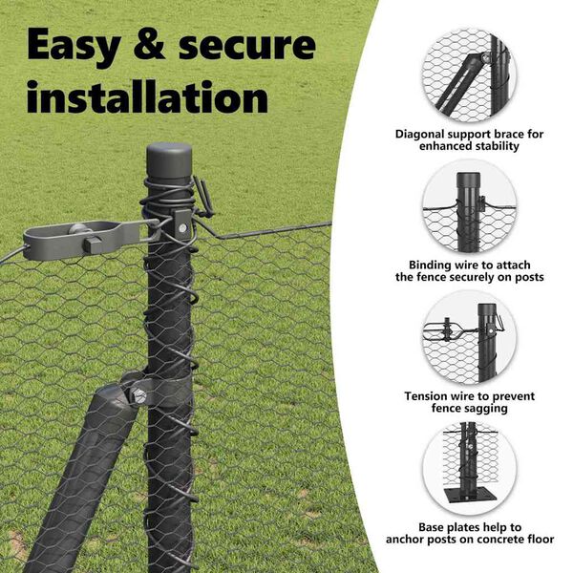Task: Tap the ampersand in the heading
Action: (150, 44)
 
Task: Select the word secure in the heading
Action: (247, 47)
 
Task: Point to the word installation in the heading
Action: (147, 95)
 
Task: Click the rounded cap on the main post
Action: (169, 159)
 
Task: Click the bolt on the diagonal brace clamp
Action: (139, 395)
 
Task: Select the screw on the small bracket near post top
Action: (182, 229)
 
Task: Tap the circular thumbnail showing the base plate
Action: (469, 468)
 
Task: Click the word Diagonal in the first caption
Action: (420, 135)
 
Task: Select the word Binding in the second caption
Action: (431, 265)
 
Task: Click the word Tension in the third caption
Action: (425, 396)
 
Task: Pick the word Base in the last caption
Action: (432, 527)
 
